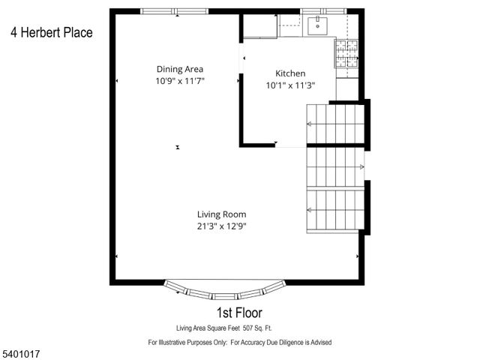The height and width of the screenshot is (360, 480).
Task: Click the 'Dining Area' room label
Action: pyautogui.click(x=179, y=69)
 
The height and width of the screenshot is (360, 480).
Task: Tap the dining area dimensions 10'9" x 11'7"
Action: pyautogui.click(x=179, y=80)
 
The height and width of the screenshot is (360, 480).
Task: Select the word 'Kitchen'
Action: pyautogui.click(x=290, y=73)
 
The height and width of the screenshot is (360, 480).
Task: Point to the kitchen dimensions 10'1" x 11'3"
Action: pyautogui.click(x=290, y=85)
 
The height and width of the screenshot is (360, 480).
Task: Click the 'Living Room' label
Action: pyautogui.click(x=221, y=214)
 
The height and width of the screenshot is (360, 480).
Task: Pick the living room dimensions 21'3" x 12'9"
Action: pyautogui.click(x=221, y=225)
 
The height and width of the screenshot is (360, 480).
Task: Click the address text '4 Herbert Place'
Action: pyautogui.click(x=52, y=32)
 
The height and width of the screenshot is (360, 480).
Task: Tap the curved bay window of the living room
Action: pyautogui.click(x=225, y=290)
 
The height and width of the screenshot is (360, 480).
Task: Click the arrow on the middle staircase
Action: pyautogui.click(x=361, y=166)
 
